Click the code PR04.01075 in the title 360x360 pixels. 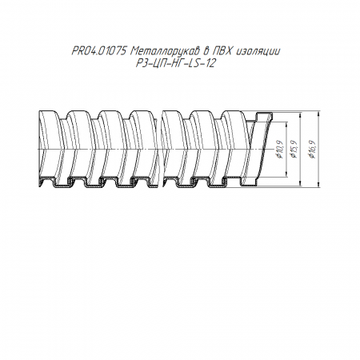point(99,51)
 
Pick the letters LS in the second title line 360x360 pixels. point(193,63)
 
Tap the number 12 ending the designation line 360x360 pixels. point(210,63)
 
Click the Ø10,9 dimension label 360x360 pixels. point(279,149)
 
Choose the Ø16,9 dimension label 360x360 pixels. point(312,149)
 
